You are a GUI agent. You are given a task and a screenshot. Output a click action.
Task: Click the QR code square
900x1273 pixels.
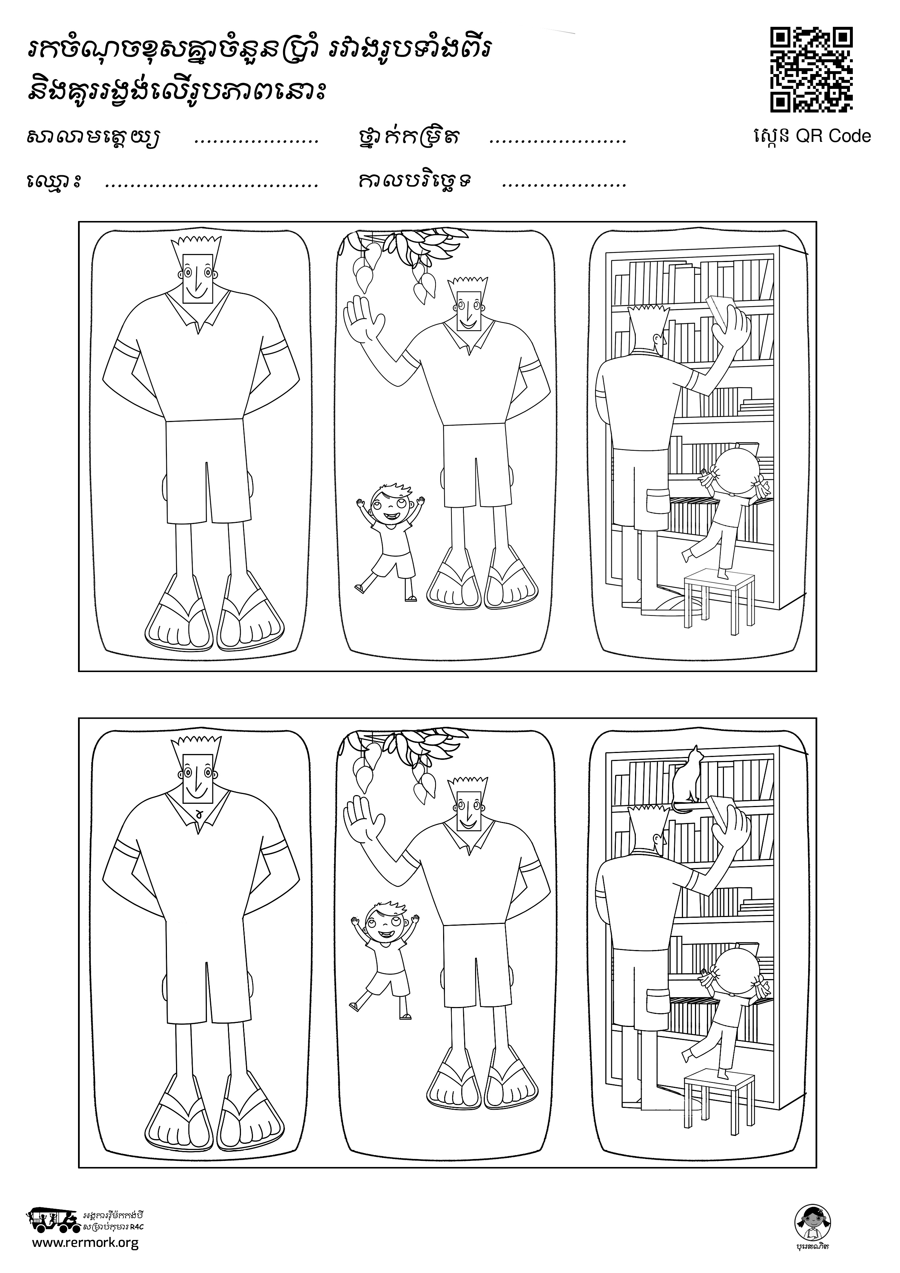coord(812,70)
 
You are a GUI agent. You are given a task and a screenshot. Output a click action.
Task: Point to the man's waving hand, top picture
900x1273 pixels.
coord(363,319)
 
